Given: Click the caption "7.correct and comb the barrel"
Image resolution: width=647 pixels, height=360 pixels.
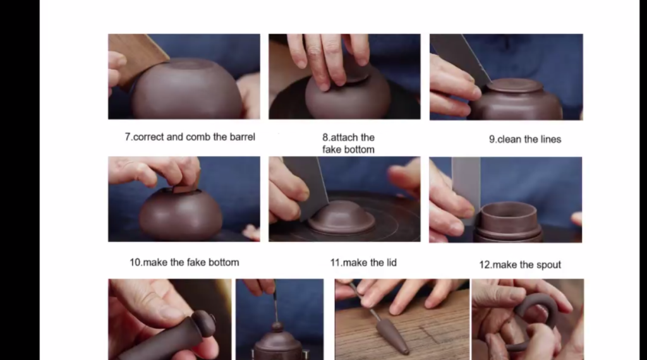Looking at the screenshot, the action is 190,137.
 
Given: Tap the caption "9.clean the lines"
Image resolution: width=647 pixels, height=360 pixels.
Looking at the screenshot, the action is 525,140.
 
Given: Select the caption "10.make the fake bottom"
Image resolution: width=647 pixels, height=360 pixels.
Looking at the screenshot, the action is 184,262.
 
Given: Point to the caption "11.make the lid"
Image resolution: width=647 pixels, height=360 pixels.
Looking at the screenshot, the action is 363,263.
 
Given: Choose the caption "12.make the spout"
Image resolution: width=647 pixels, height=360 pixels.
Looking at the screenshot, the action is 520,265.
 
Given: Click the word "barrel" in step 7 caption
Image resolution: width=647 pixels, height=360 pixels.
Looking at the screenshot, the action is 242,137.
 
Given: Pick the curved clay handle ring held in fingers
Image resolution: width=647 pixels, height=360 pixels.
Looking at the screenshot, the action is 536,320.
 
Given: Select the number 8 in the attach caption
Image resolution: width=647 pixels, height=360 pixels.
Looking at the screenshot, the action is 325,137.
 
